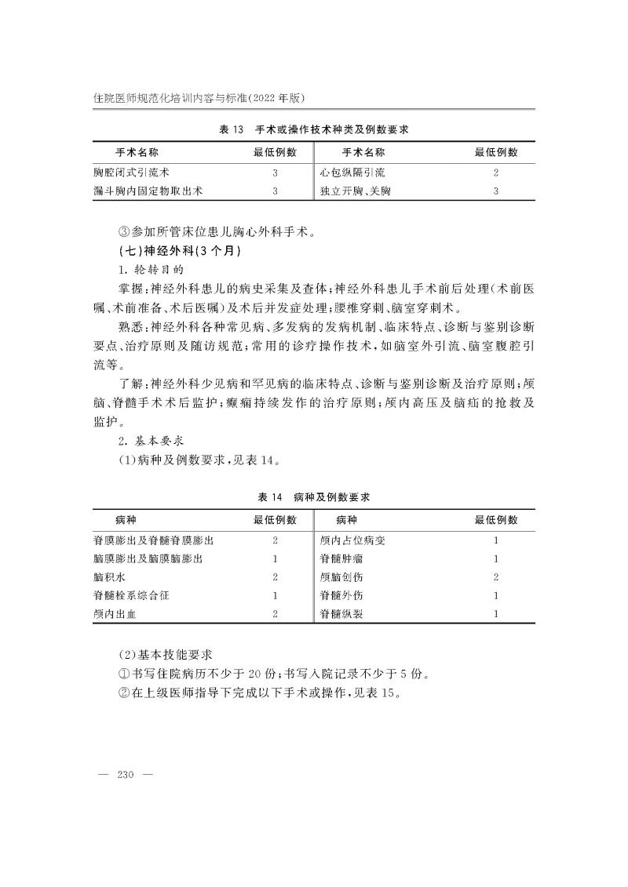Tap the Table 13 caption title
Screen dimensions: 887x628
click(x=314, y=129)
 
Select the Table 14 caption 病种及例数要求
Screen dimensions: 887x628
click(x=314, y=497)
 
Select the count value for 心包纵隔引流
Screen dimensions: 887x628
click(x=496, y=172)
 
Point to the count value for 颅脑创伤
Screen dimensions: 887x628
click(x=496, y=577)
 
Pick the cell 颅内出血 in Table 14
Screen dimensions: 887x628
click(x=115, y=614)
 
